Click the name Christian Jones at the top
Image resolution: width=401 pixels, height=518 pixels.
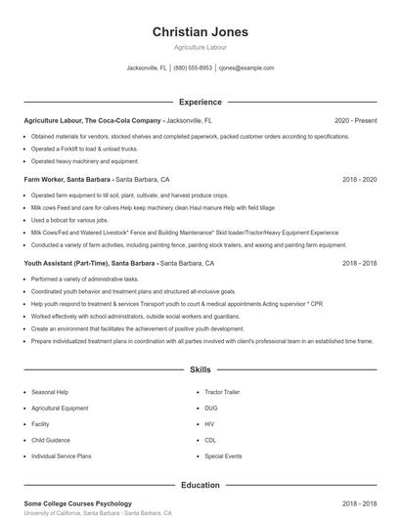click(200, 32)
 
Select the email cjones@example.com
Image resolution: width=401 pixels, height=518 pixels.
click(246, 68)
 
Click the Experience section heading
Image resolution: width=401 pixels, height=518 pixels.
click(200, 102)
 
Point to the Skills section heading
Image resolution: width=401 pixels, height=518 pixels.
click(200, 370)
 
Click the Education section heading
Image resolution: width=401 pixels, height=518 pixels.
click(200, 485)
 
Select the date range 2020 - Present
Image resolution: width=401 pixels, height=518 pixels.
click(355, 120)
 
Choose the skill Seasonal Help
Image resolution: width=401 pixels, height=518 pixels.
click(50, 392)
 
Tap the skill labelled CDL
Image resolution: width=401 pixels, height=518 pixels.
click(210, 440)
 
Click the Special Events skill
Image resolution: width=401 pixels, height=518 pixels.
click(223, 456)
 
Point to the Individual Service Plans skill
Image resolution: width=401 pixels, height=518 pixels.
click(62, 456)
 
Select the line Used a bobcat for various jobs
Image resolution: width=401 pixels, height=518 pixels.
click(71, 220)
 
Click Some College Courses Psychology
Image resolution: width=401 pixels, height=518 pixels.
click(77, 503)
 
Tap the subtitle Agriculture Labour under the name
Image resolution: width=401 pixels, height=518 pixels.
click(200, 47)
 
